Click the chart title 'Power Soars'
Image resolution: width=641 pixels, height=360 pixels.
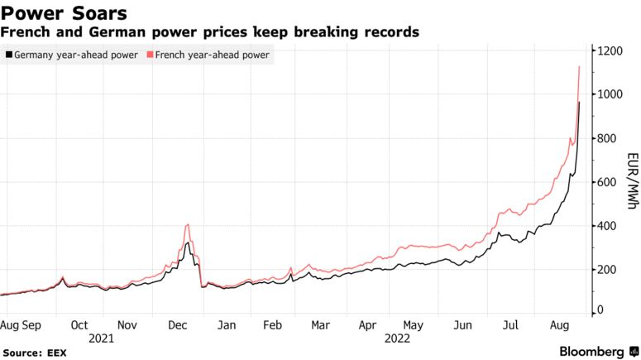tap(65, 13)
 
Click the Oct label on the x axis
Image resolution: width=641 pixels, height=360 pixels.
tap(80, 325)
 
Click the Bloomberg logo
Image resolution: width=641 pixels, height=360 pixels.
tap(591, 351)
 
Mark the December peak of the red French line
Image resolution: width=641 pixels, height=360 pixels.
tap(189, 224)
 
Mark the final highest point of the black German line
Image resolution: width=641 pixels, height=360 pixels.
tap(579, 102)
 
